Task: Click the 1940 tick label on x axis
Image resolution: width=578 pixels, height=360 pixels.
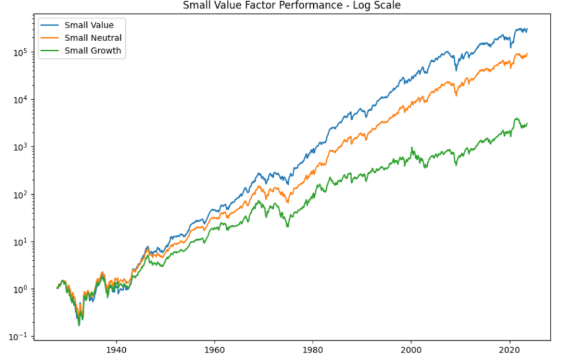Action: pyautogui.click(x=116, y=350)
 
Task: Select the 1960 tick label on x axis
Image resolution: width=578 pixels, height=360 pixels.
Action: pyautogui.click(x=214, y=350)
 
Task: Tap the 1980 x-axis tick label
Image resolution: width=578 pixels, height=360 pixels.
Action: pyautogui.click(x=312, y=350)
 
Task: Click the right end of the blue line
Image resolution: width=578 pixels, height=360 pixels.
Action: pyautogui.click(x=527, y=29)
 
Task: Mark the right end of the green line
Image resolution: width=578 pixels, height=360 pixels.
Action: pyautogui.click(x=527, y=124)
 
